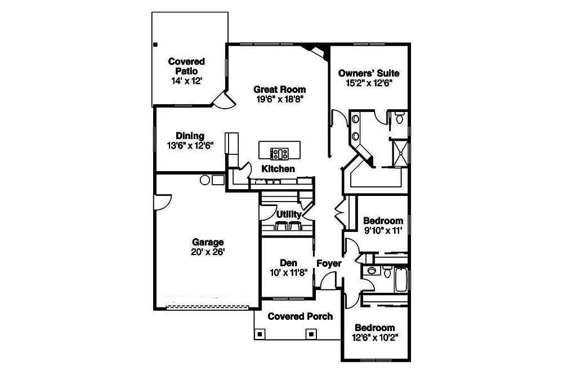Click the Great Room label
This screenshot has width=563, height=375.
point(279,89)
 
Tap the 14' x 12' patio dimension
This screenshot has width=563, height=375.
point(186,81)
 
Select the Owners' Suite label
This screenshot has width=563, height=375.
point(369,73)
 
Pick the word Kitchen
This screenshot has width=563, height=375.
point(278,168)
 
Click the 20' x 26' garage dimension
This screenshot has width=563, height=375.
point(208,252)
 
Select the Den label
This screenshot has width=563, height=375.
point(288,263)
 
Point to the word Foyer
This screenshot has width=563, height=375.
point(329,263)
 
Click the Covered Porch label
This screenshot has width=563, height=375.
point(300,316)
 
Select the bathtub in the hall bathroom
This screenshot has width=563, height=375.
point(401,279)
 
